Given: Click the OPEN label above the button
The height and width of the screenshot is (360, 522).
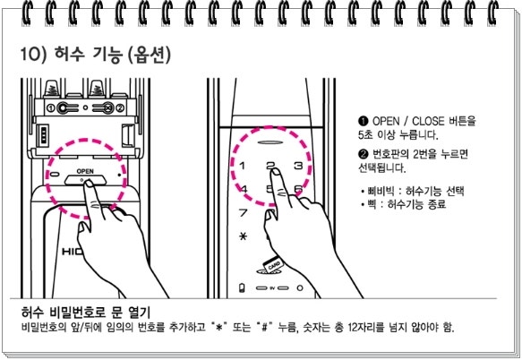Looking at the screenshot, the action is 85,171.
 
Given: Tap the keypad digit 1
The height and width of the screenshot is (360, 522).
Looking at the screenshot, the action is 243,166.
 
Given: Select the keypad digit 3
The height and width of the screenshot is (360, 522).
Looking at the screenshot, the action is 298,165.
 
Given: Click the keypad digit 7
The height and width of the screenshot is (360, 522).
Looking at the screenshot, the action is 244,212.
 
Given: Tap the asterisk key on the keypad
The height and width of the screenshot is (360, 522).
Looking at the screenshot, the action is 244,236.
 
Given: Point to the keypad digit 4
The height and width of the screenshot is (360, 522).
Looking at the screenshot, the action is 244,189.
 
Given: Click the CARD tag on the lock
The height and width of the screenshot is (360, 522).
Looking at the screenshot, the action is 273,265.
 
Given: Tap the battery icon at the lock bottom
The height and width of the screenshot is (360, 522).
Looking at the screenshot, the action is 242,287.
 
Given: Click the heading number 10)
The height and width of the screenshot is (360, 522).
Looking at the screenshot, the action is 32,54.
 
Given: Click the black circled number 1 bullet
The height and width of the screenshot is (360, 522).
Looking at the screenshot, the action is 363,121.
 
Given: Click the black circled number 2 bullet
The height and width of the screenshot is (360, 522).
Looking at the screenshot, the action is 363,154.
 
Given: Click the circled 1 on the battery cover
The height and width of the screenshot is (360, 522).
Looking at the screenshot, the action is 51,108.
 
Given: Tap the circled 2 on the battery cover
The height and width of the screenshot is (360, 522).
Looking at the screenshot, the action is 120,108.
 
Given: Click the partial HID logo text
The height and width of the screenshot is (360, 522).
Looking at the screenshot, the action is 73,252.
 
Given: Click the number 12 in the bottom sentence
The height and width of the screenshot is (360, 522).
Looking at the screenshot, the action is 353,327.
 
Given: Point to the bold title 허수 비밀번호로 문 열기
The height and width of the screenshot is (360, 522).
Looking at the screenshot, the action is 86,313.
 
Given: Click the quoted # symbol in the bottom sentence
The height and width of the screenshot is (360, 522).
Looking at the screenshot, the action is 264,327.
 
